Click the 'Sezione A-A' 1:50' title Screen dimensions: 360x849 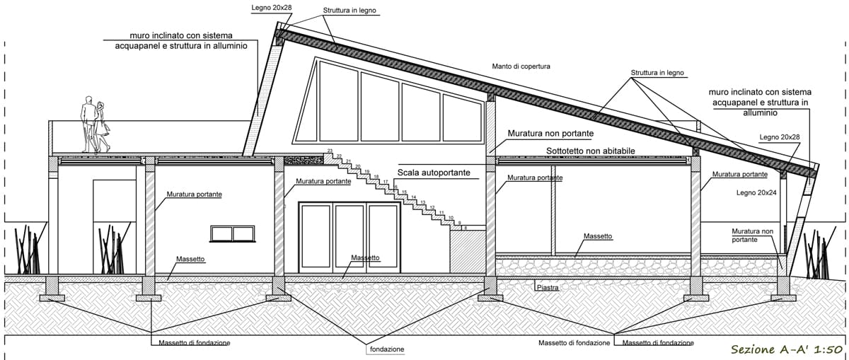[785, 349]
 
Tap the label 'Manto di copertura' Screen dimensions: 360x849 [521, 66]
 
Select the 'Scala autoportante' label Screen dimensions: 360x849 [434, 172]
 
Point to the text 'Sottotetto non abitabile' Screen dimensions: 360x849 [591, 151]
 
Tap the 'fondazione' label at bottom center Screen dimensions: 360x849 [386, 349]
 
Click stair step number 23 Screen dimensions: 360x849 [330, 152]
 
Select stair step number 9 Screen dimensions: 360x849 [459, 223]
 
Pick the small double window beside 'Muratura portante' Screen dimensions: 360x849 [232, 233]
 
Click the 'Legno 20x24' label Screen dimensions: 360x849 [756, 192]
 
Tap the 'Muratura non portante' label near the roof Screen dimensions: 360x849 [550, 133]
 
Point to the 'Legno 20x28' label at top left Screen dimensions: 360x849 [272, 8]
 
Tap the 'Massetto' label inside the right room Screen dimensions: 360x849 [598, 236]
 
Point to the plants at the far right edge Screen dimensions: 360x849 [824, 251]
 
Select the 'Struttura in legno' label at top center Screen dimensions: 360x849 [350, 11]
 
